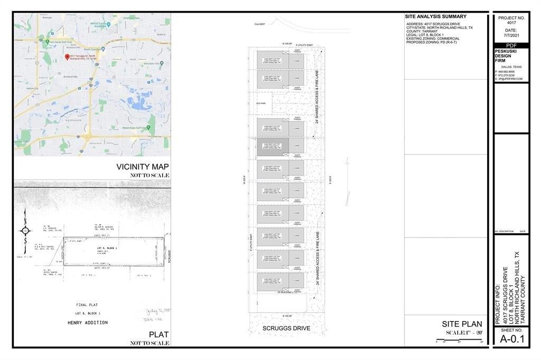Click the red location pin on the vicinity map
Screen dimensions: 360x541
pos(67,56)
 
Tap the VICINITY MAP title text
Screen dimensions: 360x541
pos(143,167)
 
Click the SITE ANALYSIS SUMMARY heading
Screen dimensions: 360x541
pos(436,17)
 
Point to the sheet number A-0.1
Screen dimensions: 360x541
pos(511,339)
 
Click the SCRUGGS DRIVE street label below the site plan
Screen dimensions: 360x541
pos(286,328)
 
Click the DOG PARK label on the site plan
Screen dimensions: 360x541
pos(260,103)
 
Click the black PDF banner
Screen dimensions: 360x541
pos(511,46)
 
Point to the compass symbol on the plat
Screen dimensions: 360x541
pos(25,231)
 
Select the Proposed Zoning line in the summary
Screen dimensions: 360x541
pos(432,42)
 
